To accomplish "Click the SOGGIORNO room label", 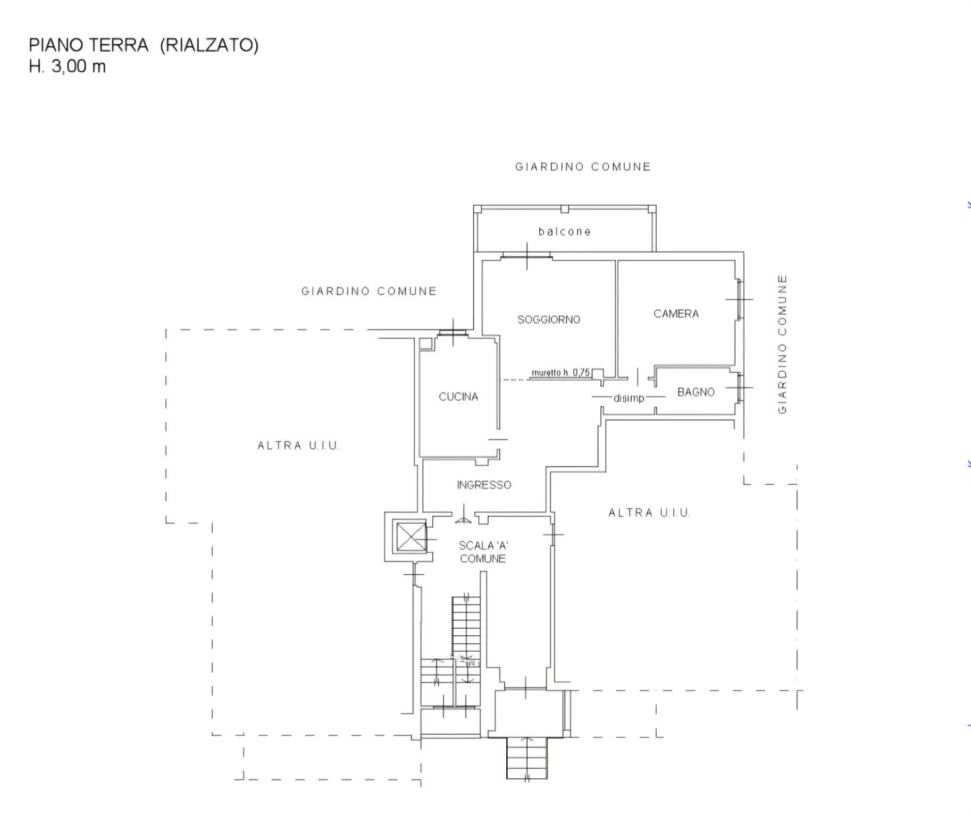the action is pyautogui.click(x=548, y=319).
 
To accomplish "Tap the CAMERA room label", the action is pyautogui.click(x=676, y=314).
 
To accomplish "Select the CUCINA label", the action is pyautogui.click(x=458, y=397).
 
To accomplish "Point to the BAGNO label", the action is pyautogui.click(x=696, y=392).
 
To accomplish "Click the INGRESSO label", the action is pyautogui.click(x=484, y=485).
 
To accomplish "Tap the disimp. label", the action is pyautogui.click(x=630, y=398).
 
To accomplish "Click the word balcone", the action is pyautogui.click(x=564, y=231).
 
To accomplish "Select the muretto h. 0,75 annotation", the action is pyautogui.click(x=560, y=373).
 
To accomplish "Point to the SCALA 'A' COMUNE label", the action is pyautogui.click(x=483, y=552).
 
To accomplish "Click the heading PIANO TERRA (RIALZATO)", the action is pyautogui.click(x=144, y=45).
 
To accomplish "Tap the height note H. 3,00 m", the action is pyautogui.click(x=68, y=66).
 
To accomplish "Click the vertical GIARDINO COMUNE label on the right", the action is pyautogui.click(x=782, y=344).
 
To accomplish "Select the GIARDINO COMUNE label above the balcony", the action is pyautogui.click(x=583, y=167).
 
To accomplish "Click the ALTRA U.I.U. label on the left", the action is pyautogui.click(x=298, y=445).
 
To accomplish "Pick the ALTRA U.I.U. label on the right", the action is pyautogui.click(x=649, y=513).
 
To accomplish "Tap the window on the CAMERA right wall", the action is pyautogui.click(x=740, y=299).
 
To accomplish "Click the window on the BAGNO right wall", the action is pyautogui.click(x=740, y=387).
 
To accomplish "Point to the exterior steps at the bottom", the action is pyautogui.click(x=526, y=759).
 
